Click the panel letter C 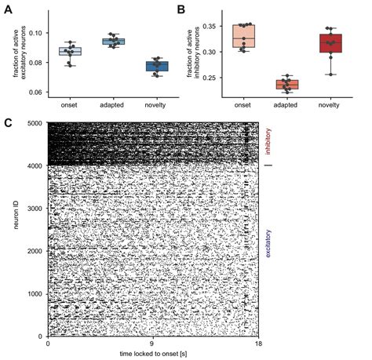click(9, 122)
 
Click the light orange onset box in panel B click(257, 36)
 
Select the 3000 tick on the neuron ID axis click(35, 208)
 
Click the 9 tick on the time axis click(153, 344)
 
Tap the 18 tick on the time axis click(257, 344)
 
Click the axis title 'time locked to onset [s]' click(153, 354)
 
